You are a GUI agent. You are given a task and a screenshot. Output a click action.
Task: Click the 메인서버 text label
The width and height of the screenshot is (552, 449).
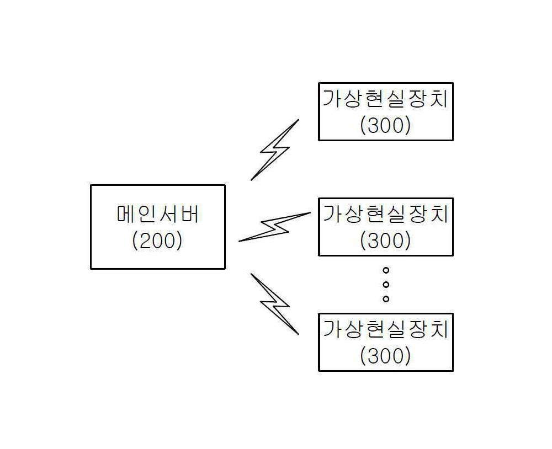click(158, 214)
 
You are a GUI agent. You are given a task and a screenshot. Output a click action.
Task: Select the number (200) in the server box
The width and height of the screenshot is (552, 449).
click(157, 240)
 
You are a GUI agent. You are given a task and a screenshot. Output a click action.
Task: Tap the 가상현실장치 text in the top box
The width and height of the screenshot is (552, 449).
click(385, 98)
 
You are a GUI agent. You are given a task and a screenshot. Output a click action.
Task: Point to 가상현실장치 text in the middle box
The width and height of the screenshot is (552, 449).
click(385, 213)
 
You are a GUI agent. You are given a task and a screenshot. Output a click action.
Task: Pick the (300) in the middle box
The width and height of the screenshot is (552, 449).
click(385, 240)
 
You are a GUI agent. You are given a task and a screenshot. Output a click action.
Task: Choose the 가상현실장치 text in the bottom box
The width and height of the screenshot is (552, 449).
click(385, 329)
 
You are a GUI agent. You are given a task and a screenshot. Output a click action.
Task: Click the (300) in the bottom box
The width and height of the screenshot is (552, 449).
click(385, 356)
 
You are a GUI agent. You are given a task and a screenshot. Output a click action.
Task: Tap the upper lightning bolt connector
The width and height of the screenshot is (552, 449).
click(275, 150)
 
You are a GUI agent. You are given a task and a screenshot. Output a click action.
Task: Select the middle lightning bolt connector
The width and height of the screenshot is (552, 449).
click(274, 227)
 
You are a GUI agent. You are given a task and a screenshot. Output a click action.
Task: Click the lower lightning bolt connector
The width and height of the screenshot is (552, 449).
click(275, 304)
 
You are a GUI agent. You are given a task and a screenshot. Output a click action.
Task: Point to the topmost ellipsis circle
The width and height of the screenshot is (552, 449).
click(386, 270)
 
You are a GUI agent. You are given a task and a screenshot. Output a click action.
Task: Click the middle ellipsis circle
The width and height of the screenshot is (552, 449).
click(386, 285)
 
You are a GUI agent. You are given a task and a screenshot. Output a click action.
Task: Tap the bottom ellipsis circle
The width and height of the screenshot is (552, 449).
click(386, 299)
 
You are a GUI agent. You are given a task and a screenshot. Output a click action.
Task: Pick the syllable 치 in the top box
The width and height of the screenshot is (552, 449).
click(439, 98)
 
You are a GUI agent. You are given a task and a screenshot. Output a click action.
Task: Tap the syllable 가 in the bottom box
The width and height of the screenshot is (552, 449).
click(332, 329)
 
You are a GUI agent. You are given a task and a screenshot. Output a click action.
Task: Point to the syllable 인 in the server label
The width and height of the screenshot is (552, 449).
click(147, 214)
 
